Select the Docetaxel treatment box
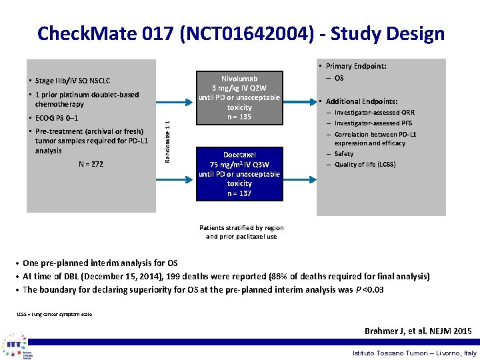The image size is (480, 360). [239, 173]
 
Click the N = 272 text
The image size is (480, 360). [91, 163]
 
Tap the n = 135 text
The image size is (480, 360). [239, 117]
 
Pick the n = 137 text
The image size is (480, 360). [239, 193]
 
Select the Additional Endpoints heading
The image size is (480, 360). [361, 101]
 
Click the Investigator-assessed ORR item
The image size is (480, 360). [374, 113]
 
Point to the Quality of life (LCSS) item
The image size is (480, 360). [365, 164]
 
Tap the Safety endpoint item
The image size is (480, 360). [344, 154]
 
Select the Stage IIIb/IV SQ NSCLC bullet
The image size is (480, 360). [73, 81]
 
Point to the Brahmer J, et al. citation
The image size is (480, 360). [418, 331]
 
